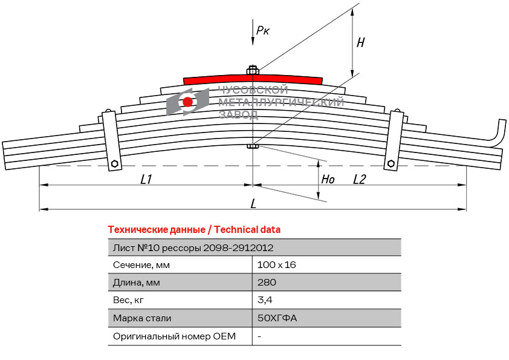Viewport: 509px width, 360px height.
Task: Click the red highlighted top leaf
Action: pos(253,80)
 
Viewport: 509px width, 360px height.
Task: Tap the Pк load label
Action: pos(262,30)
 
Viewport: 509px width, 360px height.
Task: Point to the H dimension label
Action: pos(361,42)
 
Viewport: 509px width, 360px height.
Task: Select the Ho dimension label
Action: pos(328,179)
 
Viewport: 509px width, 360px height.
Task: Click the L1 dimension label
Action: pos(146,179)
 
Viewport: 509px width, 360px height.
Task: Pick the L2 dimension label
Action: pos(359,179)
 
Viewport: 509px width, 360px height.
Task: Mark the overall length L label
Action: pos(253,204)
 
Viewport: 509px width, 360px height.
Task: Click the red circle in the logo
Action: pos(187,102)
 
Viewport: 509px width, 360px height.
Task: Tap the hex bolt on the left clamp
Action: pos(114,163)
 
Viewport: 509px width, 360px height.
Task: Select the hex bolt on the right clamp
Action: pos(391,163)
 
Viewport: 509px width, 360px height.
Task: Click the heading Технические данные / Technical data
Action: pos(194,230)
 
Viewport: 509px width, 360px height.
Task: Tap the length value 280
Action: pos(267,282)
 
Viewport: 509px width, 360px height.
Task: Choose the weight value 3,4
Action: pos(265,300)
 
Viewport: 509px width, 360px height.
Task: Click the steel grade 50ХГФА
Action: pos(277,318)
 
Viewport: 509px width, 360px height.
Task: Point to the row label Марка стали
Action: pos(142,318)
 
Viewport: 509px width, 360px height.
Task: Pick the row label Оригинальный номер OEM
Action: pos(174,336)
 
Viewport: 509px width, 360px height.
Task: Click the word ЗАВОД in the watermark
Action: pos(239,114)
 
